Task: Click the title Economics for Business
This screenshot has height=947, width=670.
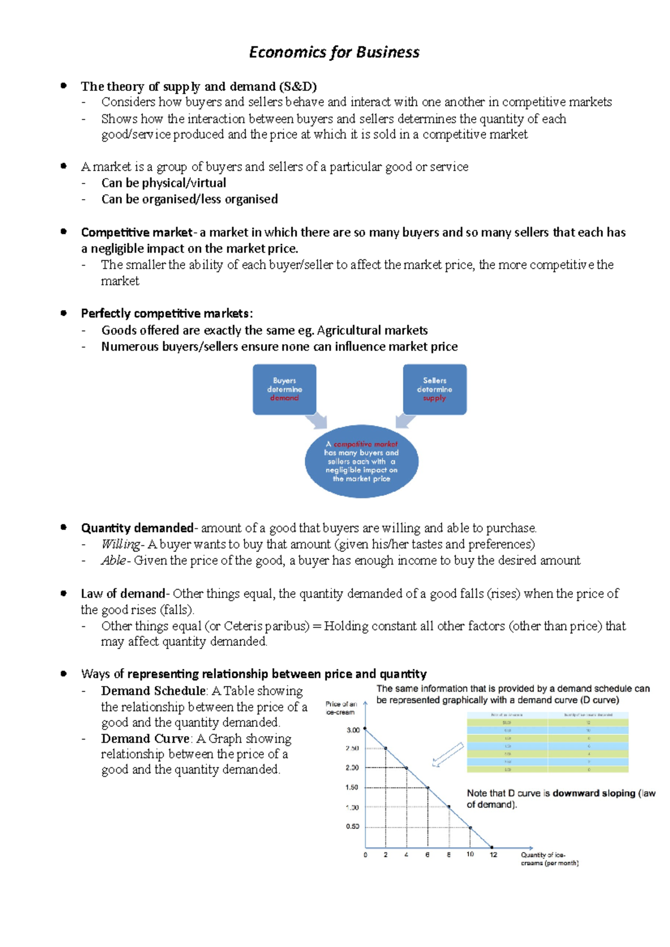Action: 334,52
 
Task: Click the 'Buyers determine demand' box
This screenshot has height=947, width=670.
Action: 284,389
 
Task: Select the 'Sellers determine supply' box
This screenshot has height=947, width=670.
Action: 434,389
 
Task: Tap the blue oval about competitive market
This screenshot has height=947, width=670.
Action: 361,461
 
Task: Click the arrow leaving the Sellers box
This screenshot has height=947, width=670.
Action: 405,421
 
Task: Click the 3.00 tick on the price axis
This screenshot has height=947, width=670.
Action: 353,730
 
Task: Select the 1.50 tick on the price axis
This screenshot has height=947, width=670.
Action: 352,787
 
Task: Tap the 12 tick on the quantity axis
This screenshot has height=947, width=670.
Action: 493,854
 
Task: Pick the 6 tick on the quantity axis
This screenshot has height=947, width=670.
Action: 428,854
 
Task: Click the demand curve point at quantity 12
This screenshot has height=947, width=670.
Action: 492,847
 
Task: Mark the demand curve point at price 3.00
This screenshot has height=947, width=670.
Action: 365,729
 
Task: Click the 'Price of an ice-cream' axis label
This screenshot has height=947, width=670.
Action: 341,708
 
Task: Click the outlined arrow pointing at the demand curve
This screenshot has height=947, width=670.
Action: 448,755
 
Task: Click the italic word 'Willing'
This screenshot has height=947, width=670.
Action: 121,544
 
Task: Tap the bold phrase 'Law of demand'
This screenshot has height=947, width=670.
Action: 123,593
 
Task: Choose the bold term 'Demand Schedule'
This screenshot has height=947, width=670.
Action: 153,691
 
